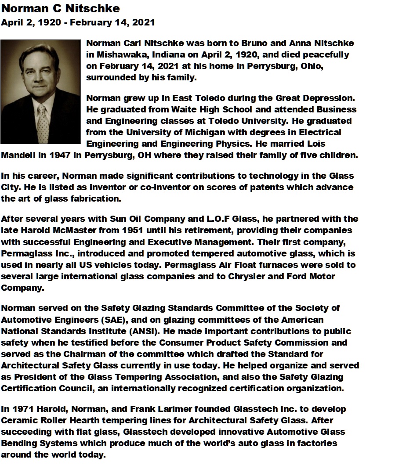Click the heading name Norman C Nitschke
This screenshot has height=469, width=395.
coord(60,8)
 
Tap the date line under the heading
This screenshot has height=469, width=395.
coord(78,22)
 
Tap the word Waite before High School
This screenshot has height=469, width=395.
coord(181,109)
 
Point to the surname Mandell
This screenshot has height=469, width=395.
coord(17,155)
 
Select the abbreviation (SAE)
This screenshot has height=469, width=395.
coord(127,319)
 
